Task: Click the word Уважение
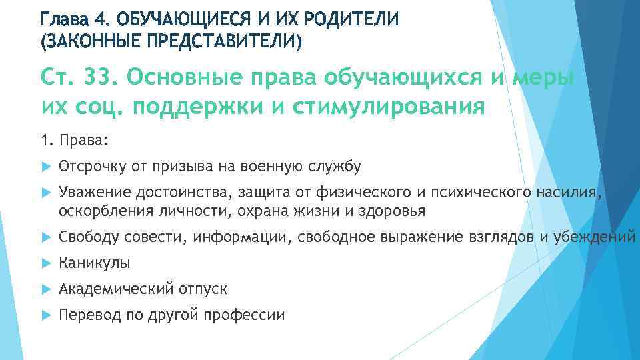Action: point(94,193)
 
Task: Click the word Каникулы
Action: point(94,263)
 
